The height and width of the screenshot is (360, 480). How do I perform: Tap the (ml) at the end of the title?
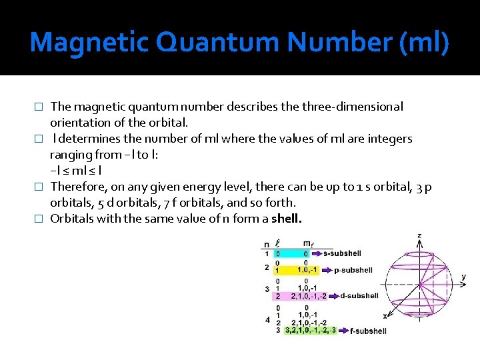tap(425, 43)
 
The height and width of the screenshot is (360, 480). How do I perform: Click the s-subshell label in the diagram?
tap(343, 254)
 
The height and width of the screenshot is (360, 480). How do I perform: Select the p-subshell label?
tap(353, 270)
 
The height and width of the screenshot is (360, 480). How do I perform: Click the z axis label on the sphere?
tap(419, 235)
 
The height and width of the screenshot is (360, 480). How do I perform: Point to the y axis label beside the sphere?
tap(463, 276)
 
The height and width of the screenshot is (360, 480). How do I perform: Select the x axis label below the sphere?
tap(385, 315)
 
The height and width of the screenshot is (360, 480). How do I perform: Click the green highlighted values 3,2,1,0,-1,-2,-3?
tap(310, 330)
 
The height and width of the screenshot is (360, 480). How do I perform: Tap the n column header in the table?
tap(267, 244)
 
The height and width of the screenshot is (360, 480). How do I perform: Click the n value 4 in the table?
tap(267, 320)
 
